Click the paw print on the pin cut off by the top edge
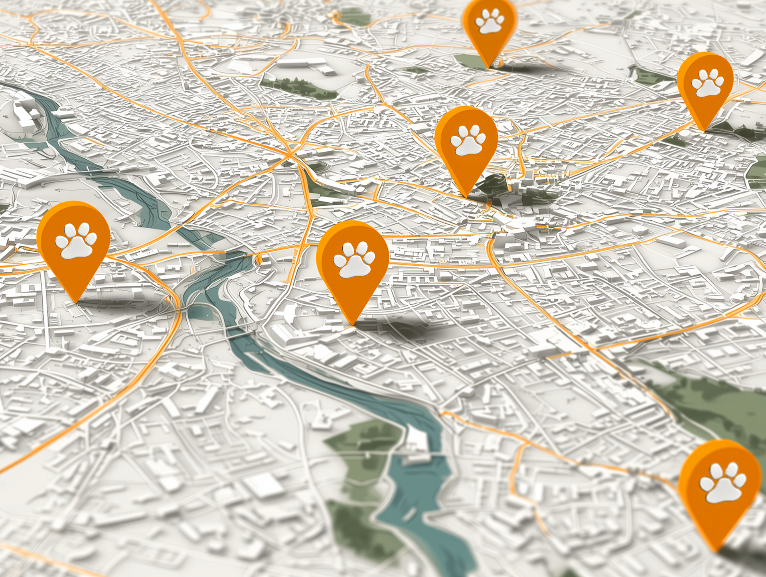point(490,21)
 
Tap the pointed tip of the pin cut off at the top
point(488,67)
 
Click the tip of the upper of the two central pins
point(466,196)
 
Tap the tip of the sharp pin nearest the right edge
point(704,130)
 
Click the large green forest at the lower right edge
point(718,407)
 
